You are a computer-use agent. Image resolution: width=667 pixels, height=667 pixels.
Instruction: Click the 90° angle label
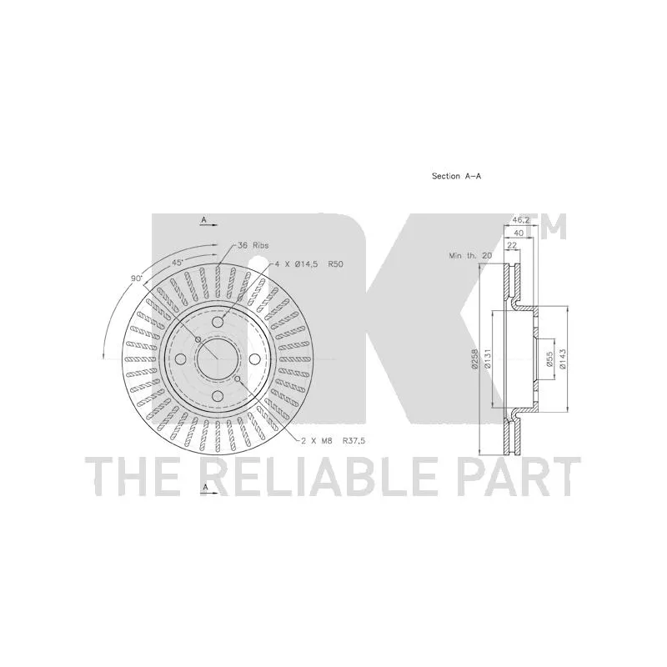tap(137, 278)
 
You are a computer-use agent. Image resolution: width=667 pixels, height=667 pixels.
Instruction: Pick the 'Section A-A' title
tap(457, 176)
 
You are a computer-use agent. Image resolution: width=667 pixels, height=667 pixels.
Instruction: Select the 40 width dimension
tap(519, 233)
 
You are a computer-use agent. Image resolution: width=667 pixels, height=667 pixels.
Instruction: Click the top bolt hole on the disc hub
tap(218, 322)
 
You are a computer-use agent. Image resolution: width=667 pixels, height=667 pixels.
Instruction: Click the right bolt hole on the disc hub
tap(255, 359)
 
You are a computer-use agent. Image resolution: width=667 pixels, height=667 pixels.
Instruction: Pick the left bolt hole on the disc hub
tap(180, 359)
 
